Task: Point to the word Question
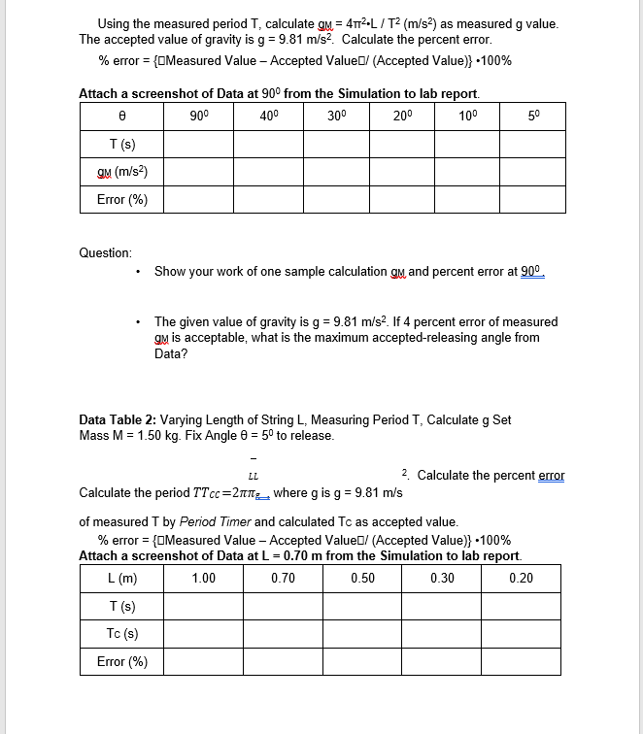click(x=106, y=252)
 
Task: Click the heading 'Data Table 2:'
click(x=118, y=419)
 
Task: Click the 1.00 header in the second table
click(x=204, y=578)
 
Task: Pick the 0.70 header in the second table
click(x=283, y=578)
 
